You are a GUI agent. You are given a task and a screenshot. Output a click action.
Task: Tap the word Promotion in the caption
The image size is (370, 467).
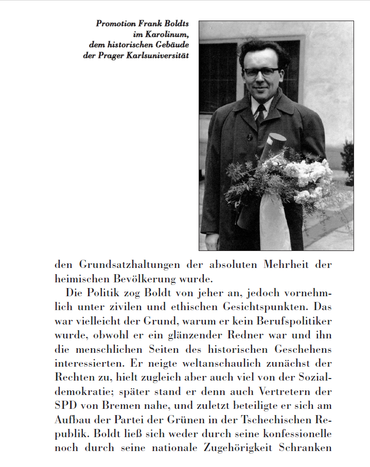click(115, 24)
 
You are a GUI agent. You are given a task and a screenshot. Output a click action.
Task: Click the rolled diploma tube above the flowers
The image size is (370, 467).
click(275, 147)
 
